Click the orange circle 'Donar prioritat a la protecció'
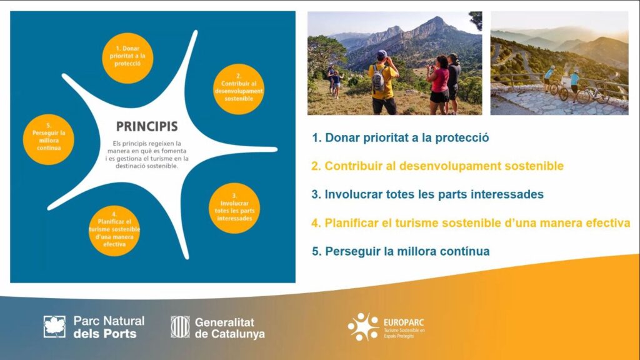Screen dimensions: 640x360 pos(127,58)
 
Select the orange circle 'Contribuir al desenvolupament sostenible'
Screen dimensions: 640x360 pos(239,89)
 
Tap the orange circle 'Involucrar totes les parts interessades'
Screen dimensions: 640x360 pos(234,208)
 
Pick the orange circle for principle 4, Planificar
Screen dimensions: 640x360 pos(114,231)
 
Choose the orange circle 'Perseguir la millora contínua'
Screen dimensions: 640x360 pos(49,139)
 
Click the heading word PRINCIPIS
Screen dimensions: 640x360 pos(147,126)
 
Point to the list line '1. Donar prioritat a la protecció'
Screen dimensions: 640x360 pos(401,138)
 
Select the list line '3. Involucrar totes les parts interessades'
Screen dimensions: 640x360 pos(427,194)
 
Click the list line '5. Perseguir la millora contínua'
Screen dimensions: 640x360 pos(401,251)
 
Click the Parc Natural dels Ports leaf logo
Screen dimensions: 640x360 pos(54,326)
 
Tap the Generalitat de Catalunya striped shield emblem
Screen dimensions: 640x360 pos(180,326)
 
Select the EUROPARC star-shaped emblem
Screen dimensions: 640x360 pos(363,326)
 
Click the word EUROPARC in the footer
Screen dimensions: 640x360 pos(404,323)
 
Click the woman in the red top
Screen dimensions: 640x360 pos(439,85)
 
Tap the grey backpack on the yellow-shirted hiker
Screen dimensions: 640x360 pos(379,79)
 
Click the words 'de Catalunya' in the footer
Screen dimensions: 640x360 pos(230,334)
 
